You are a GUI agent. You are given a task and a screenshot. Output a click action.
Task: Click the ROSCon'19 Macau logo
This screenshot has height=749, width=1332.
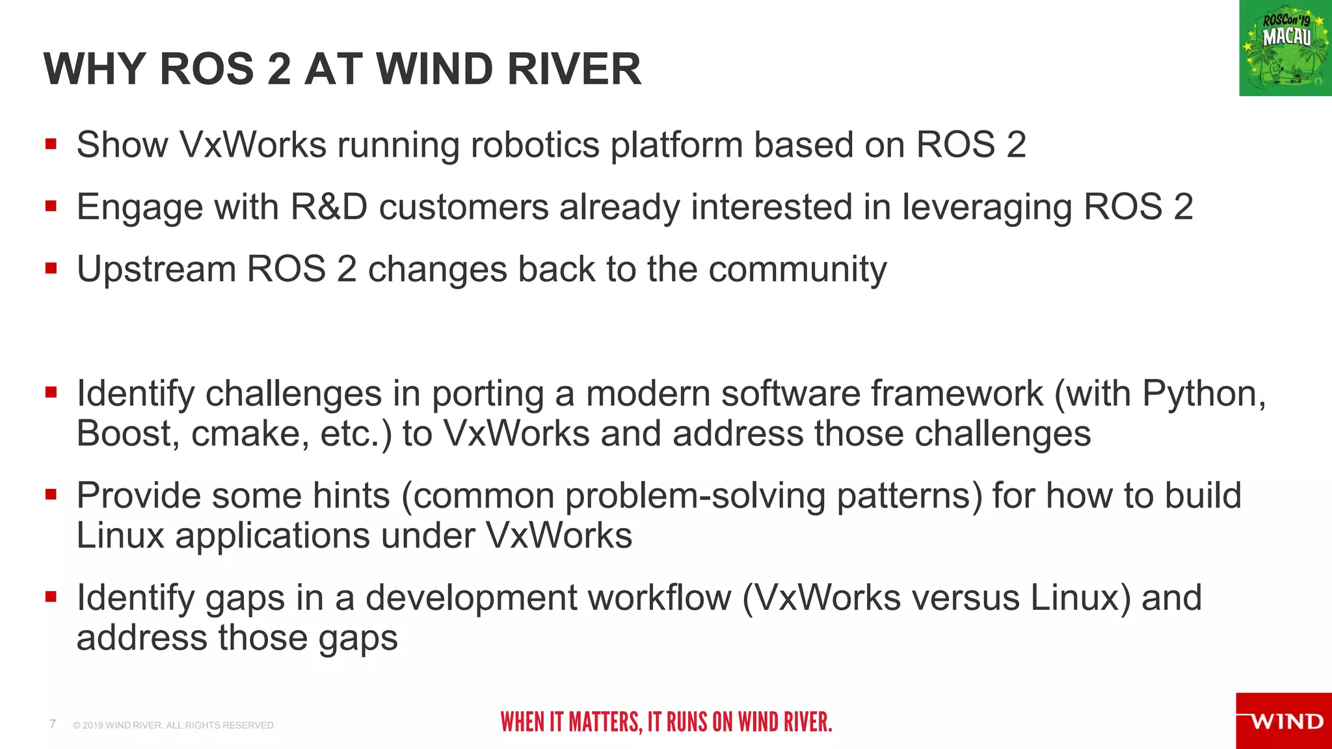click(1285, 48)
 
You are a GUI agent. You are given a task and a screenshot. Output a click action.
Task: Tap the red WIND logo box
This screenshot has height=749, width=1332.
click(1284, 720)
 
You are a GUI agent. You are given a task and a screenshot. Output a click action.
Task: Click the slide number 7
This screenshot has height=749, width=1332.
click(53, 724)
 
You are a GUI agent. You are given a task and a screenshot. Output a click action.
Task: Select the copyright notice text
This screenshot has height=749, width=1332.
click(174, 725)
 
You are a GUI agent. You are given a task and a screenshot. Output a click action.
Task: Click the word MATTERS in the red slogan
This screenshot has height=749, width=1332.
click(605, 722)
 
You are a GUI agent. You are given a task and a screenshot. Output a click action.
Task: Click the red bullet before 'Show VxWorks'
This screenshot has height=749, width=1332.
click(51, 144)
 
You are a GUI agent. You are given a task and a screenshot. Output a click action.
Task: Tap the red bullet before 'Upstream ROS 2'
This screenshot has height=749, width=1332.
click(51, 269)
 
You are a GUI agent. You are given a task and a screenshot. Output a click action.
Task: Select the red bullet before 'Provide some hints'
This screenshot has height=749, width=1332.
click(51, 495)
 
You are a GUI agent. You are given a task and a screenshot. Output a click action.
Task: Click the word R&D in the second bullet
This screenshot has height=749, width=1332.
click(329, 207)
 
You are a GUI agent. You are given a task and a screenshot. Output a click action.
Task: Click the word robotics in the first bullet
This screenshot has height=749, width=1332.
click(535, 144)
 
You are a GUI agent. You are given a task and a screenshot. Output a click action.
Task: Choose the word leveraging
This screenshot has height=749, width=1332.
click(987, 207)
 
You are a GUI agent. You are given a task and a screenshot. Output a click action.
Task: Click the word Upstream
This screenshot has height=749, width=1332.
click(156, 269)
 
